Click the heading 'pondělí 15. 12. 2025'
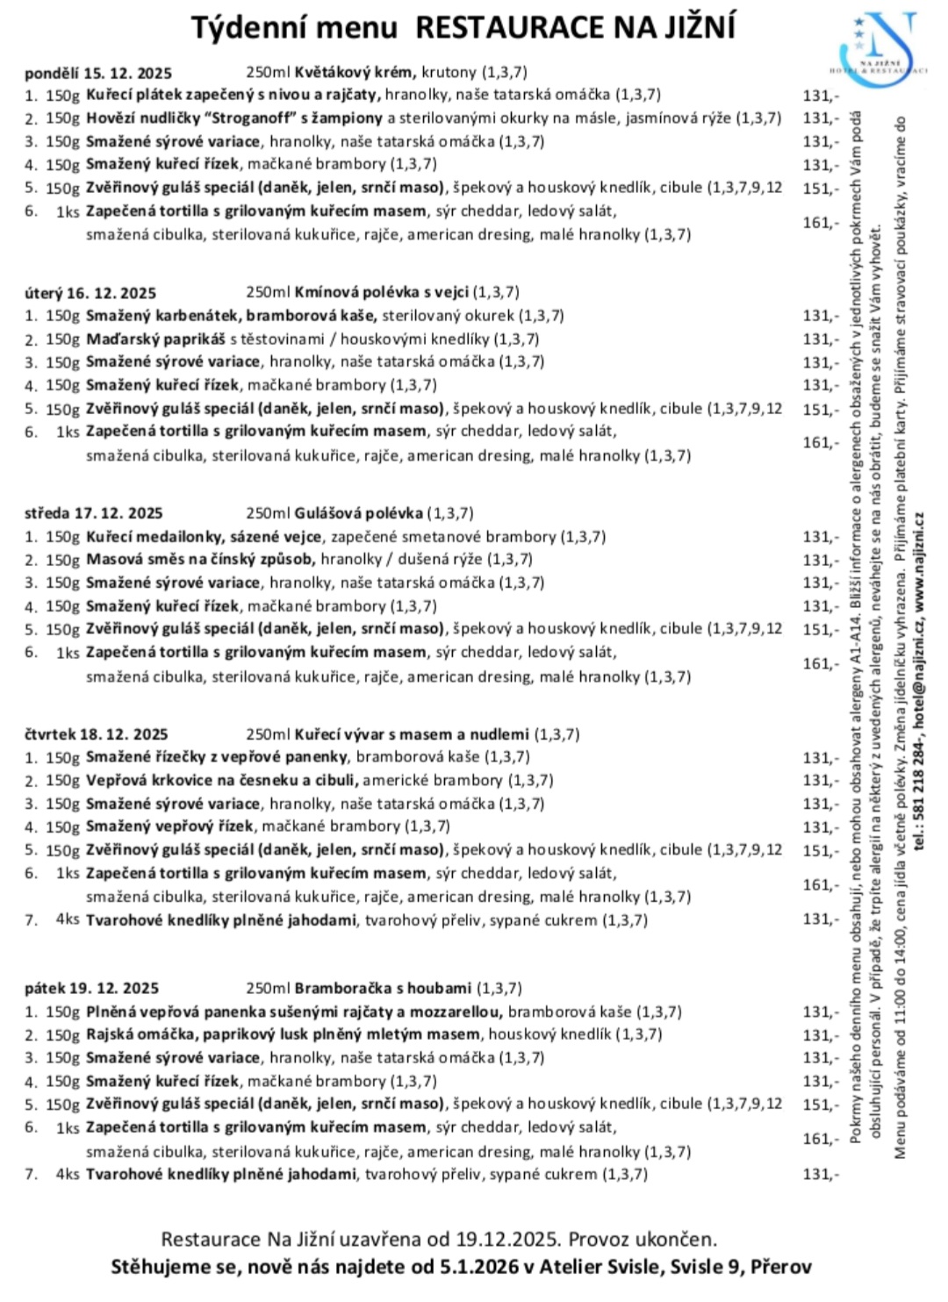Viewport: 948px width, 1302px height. [x=98, y=73]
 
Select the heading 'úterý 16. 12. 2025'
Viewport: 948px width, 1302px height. [x=90, y=293]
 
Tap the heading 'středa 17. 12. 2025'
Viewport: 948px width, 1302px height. [x=94, y=513]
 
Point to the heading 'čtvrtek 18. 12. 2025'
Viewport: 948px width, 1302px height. [x=97, y=734]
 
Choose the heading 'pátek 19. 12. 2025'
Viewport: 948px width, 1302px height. [x=92, y=989]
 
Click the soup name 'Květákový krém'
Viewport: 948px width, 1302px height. [x=356, y=72]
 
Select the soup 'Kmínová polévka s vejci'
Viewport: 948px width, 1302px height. [x=382, y=292]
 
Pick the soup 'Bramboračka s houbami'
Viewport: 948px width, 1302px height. [x=383, y=988]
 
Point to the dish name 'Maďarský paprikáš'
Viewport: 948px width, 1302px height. [x=155, y=339]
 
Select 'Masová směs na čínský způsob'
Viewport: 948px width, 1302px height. [x=199, y=559]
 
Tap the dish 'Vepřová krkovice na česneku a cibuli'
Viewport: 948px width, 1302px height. [x=221, y=780]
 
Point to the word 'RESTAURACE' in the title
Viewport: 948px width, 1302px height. [x=510, y=27]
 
